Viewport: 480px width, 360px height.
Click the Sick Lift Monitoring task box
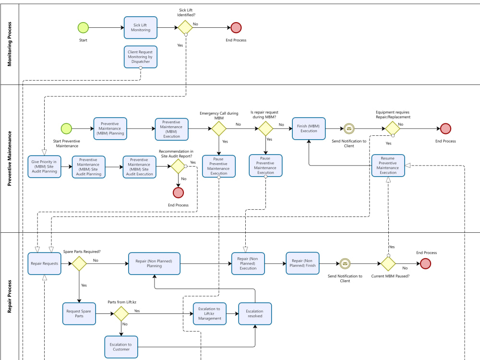pyautogui.click(x=141, y=27)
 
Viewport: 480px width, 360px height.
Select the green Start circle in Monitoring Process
pyautogui.click(x=83, y=27)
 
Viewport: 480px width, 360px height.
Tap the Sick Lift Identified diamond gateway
pyautogui.click(x=185, y=27)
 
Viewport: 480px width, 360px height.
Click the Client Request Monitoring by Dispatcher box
pyautogui.click(x=140, y=57)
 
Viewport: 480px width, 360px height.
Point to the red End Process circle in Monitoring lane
pyautogui.click(x=236, y=27)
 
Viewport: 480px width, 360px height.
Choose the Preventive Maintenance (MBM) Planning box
pyautogui.click(x=110, y=128)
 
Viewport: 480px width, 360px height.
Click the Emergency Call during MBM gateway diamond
pyautogui.click(x=219, y=129)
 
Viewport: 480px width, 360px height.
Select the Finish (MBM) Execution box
pyautogui.click(x=309, y=128)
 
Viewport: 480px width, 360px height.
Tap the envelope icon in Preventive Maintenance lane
pyautogui.click(x=348, y=129)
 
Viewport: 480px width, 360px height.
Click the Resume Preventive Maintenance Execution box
pyautogui.click(x=388, y=166)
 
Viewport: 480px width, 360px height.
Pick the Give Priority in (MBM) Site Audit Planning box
pyautogui.click(x=44, y=167)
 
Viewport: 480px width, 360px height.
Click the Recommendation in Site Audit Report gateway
pyautogui.click(x=178, y=167)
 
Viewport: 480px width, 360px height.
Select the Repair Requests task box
pyautogui.click(x=44, y=264)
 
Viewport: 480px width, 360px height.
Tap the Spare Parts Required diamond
pyautogui.click(x=79, y=264)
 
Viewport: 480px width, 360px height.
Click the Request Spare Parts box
pyautogui.click(x=79, y=314)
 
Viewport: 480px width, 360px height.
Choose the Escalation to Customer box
pyautogui.click(x=121, y=347)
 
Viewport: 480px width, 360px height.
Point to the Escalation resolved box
pyautogui.click(x=255, y=314)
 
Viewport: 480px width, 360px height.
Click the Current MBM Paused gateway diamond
pyautogui.click(x=388, y=264)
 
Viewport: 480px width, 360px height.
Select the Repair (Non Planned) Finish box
pyautogui.click(x=302, y=263)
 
